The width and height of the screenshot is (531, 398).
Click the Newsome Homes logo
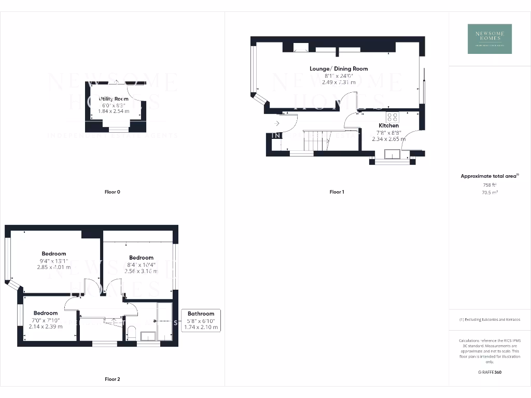tap(490, 39)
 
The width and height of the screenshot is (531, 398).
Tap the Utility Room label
tap(114, 98)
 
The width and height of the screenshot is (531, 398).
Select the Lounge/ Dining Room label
tap(339, 68)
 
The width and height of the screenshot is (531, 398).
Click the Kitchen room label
tap(388, 125)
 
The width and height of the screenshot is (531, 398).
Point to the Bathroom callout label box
tap(201, 320)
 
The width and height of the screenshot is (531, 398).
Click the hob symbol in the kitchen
tap(393, 117)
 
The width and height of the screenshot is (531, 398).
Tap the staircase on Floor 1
tap(316, 141)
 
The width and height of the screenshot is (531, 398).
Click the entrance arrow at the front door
tap(277, 123)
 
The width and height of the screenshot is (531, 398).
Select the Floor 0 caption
tap(112, 192)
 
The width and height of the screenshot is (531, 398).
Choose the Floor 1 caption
tap(337, 192)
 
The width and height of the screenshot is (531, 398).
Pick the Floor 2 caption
tap(112, 379)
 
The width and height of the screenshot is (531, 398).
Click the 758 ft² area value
tap(490, 184)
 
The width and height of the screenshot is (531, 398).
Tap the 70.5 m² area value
tap(490, 192)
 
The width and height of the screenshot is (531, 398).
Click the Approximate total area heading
tap(489, 176)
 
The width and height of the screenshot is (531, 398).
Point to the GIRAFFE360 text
tap(490, 372)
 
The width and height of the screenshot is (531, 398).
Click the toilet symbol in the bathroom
tap(131, 332)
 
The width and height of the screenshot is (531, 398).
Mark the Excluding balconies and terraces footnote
tap(490, 320)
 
